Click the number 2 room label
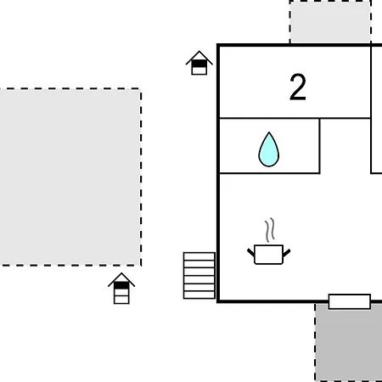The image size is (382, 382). (298, 87)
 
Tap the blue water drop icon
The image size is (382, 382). (269, 149)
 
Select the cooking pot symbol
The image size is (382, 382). (269, 255)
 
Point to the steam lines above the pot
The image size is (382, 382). (270, 230)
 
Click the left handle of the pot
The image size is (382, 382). (251, 252)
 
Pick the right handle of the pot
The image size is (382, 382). (287, 253)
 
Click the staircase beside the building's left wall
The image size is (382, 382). (199, 276)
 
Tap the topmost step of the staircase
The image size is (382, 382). (199, 256)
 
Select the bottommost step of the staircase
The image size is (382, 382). (199, 295)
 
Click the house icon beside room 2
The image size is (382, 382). (199, 63)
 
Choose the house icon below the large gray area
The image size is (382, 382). (121, 289)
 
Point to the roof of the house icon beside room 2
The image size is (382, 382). (199, 56)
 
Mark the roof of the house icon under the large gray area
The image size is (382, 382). (121, 278)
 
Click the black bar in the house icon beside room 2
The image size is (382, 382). (199, 64)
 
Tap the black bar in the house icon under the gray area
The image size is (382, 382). (121, 285)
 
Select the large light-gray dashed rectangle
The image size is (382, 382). (70, 177)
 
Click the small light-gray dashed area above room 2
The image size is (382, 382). (330, 22)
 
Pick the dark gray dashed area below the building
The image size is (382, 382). (349, 342)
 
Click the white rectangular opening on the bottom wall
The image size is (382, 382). (350, 301)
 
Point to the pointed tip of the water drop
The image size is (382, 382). (269, 132)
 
